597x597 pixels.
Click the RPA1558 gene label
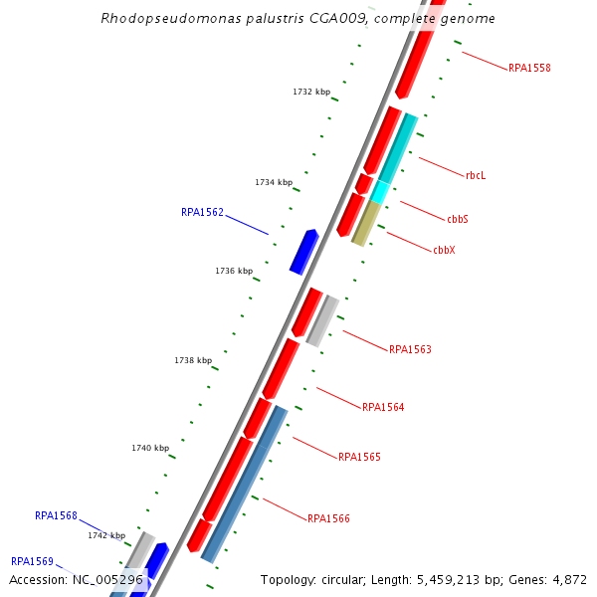point(529,68)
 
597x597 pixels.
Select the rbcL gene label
point(476,175)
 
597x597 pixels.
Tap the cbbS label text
point(458,218)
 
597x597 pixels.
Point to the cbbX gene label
point(444,250)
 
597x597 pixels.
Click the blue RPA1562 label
point(202,212)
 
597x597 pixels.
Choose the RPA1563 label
point(410,349)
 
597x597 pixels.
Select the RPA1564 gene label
point(383,407)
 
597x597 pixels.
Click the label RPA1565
point(359,457)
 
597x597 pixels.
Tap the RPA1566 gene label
point(328,518)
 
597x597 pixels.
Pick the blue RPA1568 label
point(56,515)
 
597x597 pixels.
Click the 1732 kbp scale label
point(311,92)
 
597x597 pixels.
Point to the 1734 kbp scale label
point(274,182)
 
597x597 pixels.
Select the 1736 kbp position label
point(234,271)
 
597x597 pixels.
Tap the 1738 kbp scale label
point(193,360)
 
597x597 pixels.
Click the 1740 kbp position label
point(150,448)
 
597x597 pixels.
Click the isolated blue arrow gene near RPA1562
point(303,251)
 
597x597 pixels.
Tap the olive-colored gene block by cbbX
point(366,223)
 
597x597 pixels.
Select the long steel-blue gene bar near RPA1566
point(244,483)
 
